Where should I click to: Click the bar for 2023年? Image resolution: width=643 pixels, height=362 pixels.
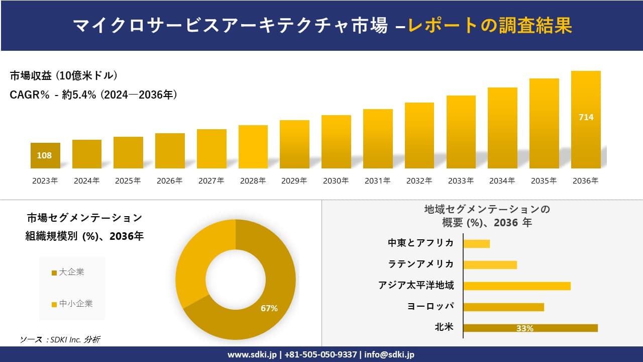(x=45, y=156)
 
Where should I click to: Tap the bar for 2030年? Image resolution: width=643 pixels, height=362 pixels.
(x=336, y=142)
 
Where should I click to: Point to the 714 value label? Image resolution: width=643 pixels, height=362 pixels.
(x=586, y=117)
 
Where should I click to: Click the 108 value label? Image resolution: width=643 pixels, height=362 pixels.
(x=44, y=155)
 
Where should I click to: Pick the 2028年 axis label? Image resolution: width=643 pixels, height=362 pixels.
(x=253, y=181)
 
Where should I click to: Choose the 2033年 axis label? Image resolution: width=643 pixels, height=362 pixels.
(x=461, y=181)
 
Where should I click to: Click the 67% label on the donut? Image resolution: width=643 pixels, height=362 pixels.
(x=269, y=308)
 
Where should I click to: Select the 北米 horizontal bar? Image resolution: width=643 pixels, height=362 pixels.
(x=530, y=328)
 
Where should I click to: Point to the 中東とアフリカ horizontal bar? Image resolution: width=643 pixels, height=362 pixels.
(x=476, y=244)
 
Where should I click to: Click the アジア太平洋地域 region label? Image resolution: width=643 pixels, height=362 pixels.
(x=416, y=286)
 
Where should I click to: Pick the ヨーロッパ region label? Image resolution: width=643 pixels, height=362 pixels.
(x=430, y=307)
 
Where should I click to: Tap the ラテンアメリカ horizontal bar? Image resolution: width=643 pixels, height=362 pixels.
(x=490, y=265)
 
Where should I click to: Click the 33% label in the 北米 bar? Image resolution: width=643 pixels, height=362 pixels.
(x=524, y=328)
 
